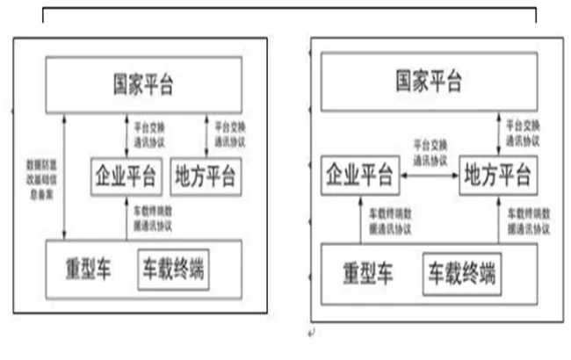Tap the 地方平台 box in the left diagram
tap(205, 176)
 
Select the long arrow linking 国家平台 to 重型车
tap(62, 176)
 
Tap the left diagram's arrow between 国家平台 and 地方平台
tap(205, 136)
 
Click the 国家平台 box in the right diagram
tap(430, 84)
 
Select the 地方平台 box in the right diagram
tap(497, 176)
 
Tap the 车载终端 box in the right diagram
tap(462, 275)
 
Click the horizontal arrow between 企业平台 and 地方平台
tap(429, 176)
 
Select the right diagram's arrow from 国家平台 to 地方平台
tap(497, 136)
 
